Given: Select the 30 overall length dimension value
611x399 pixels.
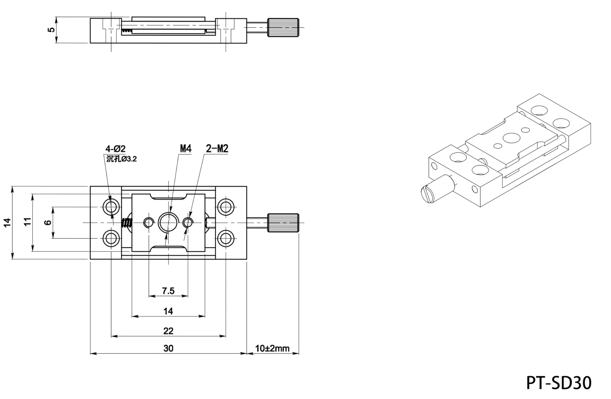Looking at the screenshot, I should (x=168, y=348).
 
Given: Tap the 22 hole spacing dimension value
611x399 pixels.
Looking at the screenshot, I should (x=168, y=331).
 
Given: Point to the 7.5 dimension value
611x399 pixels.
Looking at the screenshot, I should (x=168, y=291).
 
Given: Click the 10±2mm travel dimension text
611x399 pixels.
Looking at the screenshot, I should (x=272, y=348).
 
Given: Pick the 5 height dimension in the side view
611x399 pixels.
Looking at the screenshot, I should (x=51, y=30).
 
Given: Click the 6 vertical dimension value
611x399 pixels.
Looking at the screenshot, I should (x=48, y=223).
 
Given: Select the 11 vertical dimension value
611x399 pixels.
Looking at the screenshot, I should (x=27, y=221).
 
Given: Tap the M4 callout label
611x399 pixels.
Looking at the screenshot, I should (x=186, y=148).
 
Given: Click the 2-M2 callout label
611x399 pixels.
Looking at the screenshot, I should (x=217, y=148).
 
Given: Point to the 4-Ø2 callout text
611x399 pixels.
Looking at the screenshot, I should (x=116, y=149).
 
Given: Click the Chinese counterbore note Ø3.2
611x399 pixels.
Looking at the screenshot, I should (x=121, y=159).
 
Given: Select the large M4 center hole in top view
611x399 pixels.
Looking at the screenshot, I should (x=168, y=222).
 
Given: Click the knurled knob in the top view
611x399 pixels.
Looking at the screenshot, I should (x=283, y=223).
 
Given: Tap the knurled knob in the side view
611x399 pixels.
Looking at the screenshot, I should (x=283, y=27).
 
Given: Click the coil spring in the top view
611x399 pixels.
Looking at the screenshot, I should (x=127, y=223).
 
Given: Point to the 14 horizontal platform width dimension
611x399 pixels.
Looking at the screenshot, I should (x=168, y=311).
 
